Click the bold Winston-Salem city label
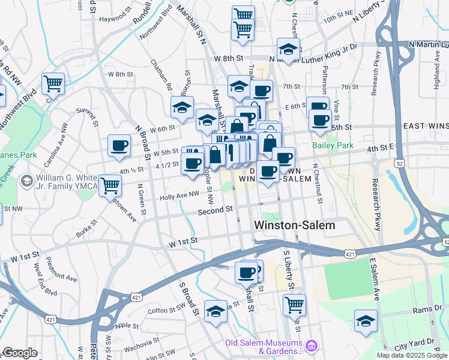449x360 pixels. point(295,224)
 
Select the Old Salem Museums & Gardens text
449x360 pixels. point(264,346)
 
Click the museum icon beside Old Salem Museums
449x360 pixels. point(311,346)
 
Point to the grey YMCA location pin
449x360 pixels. point(26,181)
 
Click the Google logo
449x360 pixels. point(20,353)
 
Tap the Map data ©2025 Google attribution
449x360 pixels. point(412,355)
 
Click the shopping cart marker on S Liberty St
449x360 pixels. point(294,304)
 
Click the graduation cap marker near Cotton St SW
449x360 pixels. point(215,311)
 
